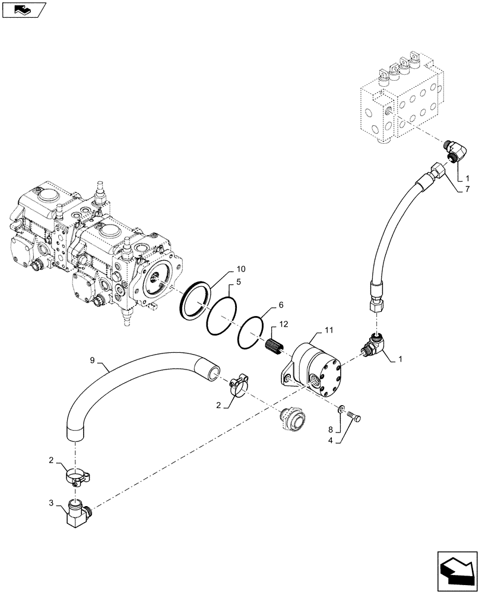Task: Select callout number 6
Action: click(x=281, y=305)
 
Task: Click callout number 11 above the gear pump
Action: click(x=328, y=329)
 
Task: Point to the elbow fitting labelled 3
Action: click(x=78, y=512)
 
